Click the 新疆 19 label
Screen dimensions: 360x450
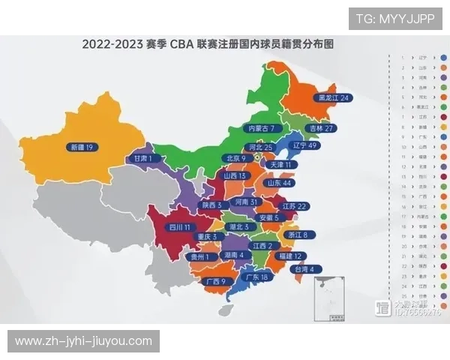pyautogui.click(x=80, y=147)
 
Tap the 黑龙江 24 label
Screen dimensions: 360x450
pyautogui.click(x=334, y=97)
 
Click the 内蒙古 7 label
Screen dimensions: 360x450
pyautogui.click(x=265, y=128)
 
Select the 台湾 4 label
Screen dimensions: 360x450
pyautogui.click(x=306, y=268)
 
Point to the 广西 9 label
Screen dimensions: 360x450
pyautogui.click(x=214, y=281)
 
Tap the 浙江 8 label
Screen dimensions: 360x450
pyautogui.click(x=294, y=234)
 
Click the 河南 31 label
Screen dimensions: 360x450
pyautogui.click(x=247, y=202)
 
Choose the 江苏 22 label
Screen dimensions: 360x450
pyautogui.click(x=293, y=205)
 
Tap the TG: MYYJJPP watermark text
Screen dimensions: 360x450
pyautogui.click(x=394, y=18)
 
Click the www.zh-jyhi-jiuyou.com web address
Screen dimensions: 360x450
pyautogui.click(x=83, y=341)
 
